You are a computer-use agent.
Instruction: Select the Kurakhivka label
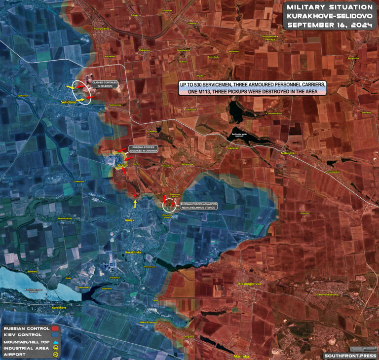pos(133,252)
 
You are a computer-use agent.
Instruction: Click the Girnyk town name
pos(130,220)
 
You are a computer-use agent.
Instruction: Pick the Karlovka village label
pos(233,148)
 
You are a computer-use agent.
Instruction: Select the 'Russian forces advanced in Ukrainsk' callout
pos(143,149)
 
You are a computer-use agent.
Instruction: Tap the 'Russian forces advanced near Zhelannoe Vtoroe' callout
pos(199,206)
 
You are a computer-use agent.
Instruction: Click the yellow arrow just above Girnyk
pos(135,203)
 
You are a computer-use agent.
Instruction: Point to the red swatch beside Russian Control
pos(55,328)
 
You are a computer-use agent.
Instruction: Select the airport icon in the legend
pos(55,354)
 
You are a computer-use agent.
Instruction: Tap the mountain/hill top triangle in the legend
pos(55,341)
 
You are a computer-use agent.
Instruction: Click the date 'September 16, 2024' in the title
pos(329,25)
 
